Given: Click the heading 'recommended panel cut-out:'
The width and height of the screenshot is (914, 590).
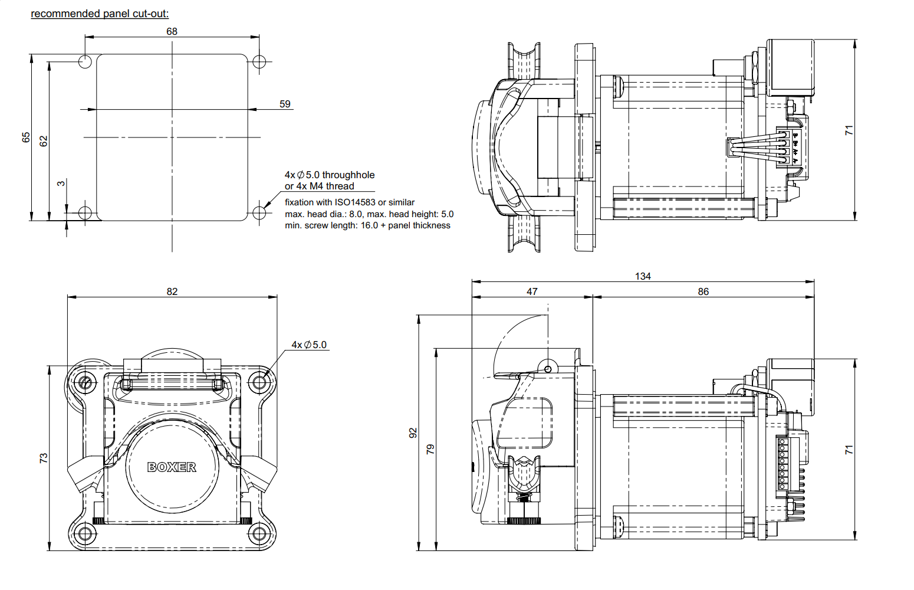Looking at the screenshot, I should tap(100, 14).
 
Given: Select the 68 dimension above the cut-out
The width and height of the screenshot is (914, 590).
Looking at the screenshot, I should tap(172, 31).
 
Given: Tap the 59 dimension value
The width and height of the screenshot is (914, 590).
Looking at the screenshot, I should tap(285, 104).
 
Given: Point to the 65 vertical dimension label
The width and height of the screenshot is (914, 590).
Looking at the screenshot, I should tap(26, 137).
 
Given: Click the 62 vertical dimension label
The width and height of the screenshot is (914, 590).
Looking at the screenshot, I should tap(44, 141).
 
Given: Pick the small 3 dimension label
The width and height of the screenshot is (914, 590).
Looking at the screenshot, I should tap(61, 183).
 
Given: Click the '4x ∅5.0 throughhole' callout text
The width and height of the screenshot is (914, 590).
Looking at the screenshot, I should tap(330, 175).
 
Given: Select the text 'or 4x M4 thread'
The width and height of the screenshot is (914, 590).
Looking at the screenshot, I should tap(319, 186).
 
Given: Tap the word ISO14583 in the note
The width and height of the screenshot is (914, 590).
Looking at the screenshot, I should tap(355, 202).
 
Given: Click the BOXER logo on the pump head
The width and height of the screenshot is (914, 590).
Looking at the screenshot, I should tap(172, 467).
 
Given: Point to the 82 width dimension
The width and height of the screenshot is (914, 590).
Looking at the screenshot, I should tap(172, 291).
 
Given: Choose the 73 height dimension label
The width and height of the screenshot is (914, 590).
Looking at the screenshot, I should tap(44, 458).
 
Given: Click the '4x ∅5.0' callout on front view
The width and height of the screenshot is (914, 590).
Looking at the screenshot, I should tap(309, 345).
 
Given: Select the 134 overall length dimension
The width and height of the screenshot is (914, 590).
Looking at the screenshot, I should tap(643, 276).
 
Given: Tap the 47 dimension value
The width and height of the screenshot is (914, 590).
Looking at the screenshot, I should tap(532, 291).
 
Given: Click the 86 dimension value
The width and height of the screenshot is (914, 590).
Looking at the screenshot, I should tap(703, 291).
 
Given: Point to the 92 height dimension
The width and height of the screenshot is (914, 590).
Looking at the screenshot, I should tap(413, 432).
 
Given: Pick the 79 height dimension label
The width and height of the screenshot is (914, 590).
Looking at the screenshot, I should tap(430, 448).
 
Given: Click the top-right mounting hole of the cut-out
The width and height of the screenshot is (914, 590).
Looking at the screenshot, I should tap(259, 61).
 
